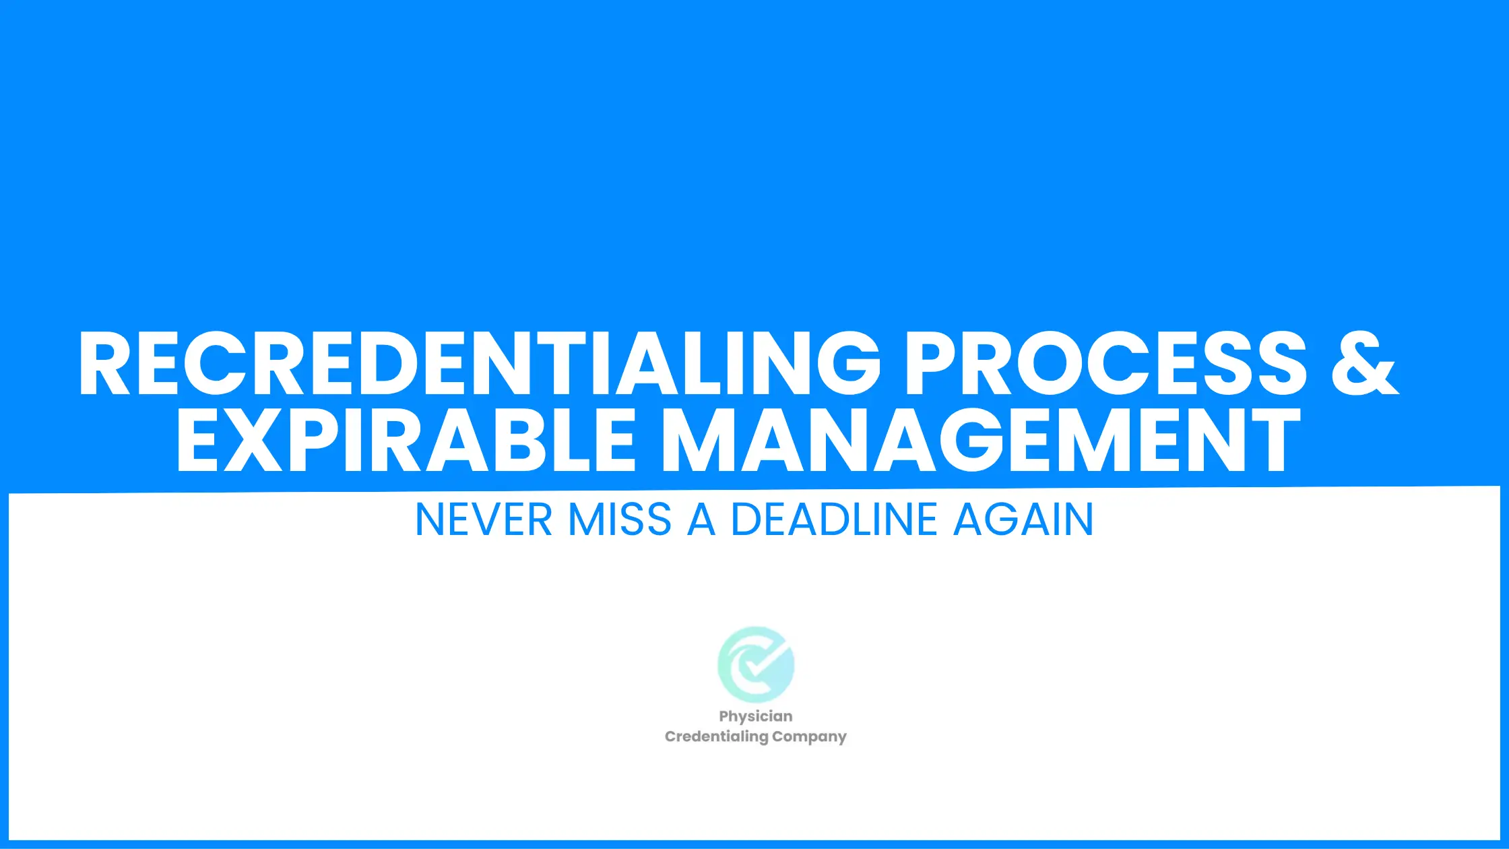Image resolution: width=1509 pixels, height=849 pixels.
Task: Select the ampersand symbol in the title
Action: click(x=1365, y=363)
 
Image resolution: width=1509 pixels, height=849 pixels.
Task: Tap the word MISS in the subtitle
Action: click(x=620, y=520)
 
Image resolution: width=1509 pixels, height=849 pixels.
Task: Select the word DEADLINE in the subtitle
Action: click(x=835, y=520)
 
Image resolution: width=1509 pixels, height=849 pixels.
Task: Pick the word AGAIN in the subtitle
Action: click(x=1023, y=520)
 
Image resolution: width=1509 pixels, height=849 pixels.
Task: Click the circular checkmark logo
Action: click(x=756, y=664)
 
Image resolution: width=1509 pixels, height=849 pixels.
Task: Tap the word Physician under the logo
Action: click(x=756, y=717)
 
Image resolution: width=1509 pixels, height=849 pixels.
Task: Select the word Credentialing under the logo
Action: click(x=717, y=736)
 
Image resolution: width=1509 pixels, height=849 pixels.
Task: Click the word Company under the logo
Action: click(x=809, y=737)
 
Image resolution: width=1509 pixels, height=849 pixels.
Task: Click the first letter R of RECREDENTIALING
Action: click(x=104, y=363)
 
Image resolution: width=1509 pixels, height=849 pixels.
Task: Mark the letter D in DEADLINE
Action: click(x=747, y=520)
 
